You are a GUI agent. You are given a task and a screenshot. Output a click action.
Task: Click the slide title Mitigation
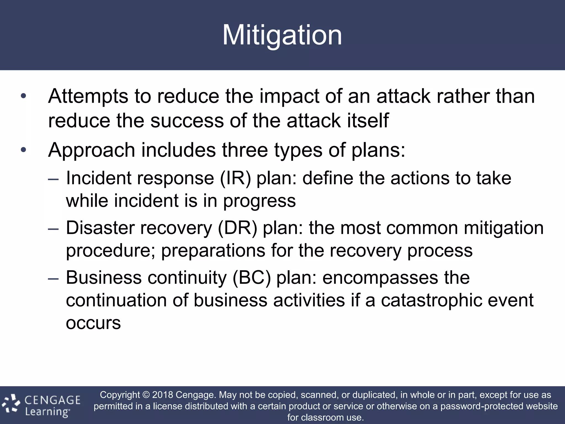click(x=282, y=35)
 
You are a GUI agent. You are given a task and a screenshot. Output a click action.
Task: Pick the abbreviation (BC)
click(x=252, y=278)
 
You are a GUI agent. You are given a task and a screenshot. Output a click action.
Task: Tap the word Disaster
click(x=100, y=228)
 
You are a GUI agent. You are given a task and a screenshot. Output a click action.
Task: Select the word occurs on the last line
click(x=93, y=323)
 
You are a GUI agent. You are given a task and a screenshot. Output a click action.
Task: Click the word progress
click(x=259, y=201)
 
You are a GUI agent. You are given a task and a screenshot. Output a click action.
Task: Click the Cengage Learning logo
click(x=41, y=405)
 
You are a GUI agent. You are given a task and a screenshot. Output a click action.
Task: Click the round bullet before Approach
click(x=23, y=150)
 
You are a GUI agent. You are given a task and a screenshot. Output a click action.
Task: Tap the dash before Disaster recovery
click(x=53, y=229)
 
